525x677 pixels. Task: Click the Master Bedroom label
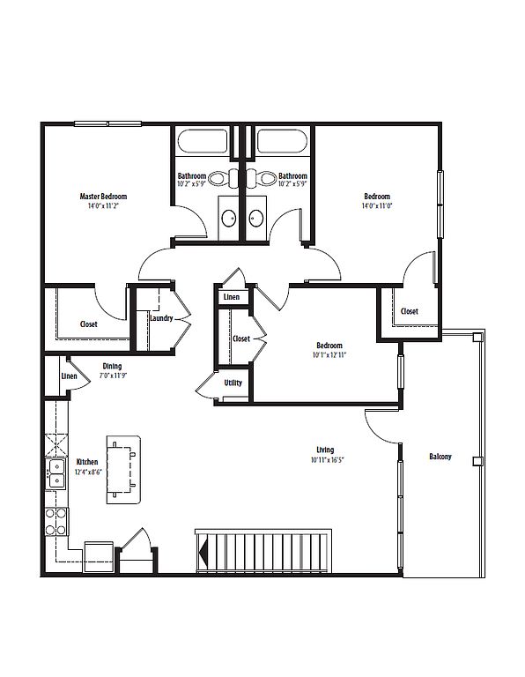(103, 197)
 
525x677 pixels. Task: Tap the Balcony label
(440, 457)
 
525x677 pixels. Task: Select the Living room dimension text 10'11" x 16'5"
(327, 460)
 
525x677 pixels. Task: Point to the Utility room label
(233, 383)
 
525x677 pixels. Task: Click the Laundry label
(161, 318)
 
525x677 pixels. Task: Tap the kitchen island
(124, 469)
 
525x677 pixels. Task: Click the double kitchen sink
(56, 473)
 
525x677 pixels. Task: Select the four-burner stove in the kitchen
(56, 522)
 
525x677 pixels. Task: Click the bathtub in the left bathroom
(203, 141)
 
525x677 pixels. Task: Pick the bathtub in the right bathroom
(282, 141)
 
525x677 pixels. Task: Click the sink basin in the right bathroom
(256, 218)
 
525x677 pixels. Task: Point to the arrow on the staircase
(203, 552)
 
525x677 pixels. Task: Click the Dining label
(112, 367)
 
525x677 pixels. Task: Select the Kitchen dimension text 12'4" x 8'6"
(88, 472)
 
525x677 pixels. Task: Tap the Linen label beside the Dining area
(69, 376)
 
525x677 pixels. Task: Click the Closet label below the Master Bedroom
(88, 324)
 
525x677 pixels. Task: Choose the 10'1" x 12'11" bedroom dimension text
(329, 355)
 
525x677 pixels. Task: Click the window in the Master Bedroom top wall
(107, 124)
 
